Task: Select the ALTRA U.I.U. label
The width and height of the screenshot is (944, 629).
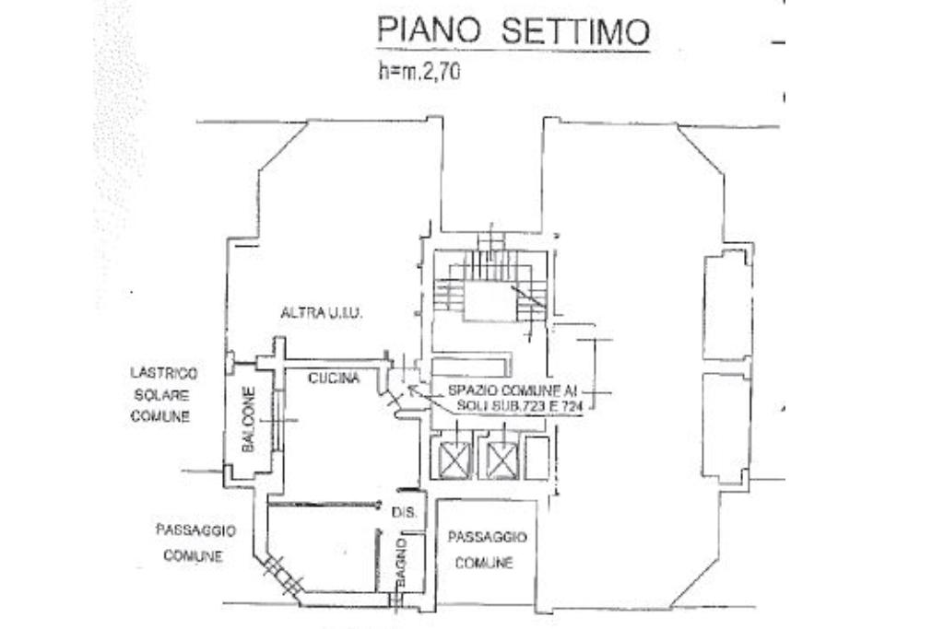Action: pyautogui.click(x=322, y=314)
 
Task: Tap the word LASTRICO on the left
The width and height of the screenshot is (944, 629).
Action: pyautogui.click(x=163, y=373)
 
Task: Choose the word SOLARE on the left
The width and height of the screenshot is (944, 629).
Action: pyautogui.click(x=160, y=395)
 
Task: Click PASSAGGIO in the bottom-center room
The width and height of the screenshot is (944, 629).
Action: pyautogui.click(x=487, y=537)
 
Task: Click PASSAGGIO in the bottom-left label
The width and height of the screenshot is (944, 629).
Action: pyautogui.click(x=195, y=531)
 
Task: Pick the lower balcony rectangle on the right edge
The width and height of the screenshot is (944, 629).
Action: pyautogui.click(x=726, y=426)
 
